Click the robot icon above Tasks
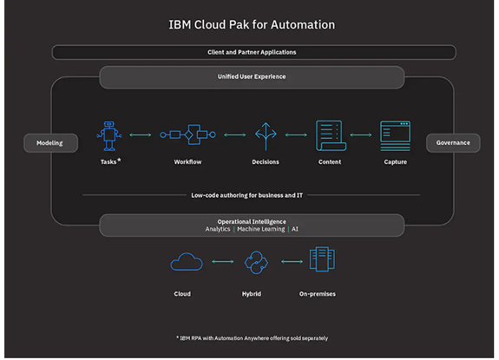[109, 135]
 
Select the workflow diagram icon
[187, 134]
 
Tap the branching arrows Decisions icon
[266, 136]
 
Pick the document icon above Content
[331, 135]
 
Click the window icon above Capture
[395, 136]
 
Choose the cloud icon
[187, 262]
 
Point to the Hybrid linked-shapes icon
[256, 262]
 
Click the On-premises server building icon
[322, 259]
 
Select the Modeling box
[50, 143]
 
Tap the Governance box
[453, 143]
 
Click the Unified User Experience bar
[252, 77]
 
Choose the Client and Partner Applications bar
[254, 52]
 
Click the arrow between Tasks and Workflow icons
[141, 134]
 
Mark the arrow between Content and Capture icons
[361, 134]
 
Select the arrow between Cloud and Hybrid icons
[223, 261]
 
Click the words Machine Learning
[261, 229]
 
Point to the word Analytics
[218, 229]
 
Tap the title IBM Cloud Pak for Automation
[252, 24]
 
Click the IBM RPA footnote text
[252, 338]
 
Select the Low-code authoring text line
[247, 195]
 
